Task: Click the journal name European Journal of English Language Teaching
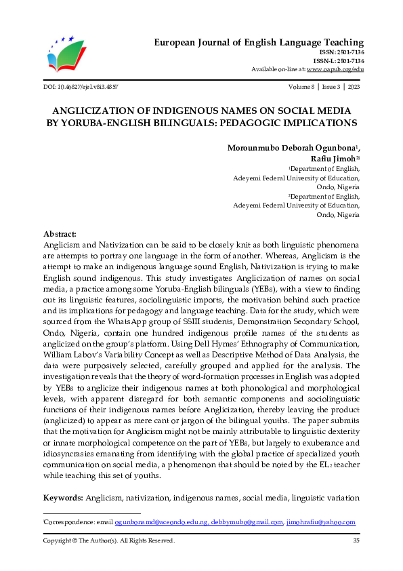coord(259,42)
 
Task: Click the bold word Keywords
coord(63,498)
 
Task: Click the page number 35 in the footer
coord(356,540)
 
